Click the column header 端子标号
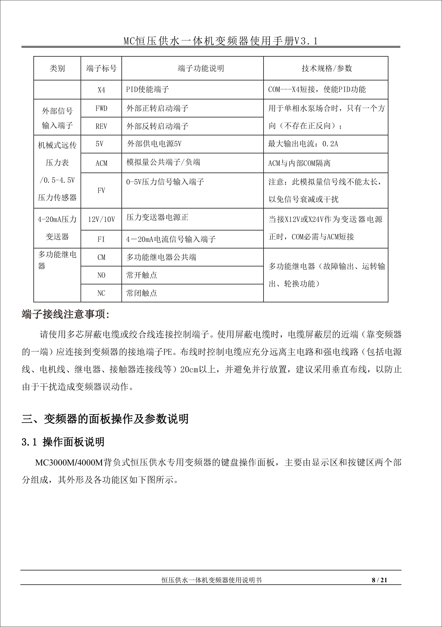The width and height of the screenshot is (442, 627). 101,68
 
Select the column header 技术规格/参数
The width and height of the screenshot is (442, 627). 326,68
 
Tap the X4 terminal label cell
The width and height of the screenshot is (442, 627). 101,90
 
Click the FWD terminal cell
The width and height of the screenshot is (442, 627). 101,108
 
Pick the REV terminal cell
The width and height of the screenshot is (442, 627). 101,126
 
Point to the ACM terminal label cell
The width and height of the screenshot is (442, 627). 101,163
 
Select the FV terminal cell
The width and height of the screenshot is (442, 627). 101,190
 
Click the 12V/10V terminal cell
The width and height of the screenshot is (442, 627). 101,219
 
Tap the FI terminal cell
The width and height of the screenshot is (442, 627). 101,239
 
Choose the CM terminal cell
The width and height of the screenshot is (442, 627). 101,257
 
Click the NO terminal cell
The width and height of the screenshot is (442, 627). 101,275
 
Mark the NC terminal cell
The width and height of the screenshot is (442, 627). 101,293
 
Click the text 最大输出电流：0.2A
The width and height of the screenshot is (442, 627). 303,144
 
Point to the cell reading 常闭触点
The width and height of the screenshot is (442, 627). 142,293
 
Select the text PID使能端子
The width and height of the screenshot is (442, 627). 147,89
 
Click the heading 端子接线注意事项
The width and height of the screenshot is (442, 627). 65,315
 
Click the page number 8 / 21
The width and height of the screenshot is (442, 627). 380,580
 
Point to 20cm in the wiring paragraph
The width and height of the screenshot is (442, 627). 189,369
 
